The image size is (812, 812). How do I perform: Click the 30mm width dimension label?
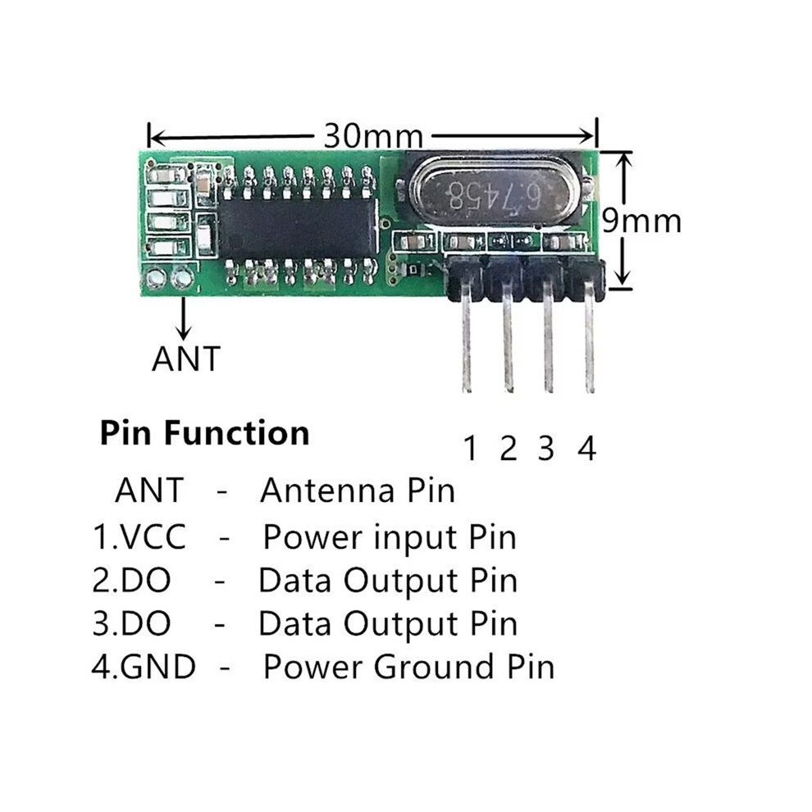coord(373,135)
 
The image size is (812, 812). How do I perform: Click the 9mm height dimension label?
coord(641,221)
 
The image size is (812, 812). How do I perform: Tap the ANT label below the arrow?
coord(186,358)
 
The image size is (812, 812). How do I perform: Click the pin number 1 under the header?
coord(470,449)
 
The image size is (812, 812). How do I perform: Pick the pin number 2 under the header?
coord(508,449)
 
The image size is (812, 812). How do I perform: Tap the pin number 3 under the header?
coord(546,449)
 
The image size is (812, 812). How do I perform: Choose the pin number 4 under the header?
coord(586,449)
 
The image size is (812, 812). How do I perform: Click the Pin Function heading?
coord(204,433)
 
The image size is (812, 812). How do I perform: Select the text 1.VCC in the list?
coord(139,536)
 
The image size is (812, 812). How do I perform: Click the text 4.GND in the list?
coord(144,667)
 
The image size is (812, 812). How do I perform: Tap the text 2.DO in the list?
coord(131,580)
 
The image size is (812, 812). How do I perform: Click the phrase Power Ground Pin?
coord(409,667)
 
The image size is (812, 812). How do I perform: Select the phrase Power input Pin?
coord(390,537)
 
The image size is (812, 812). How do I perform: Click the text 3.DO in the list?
coord(131,623)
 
